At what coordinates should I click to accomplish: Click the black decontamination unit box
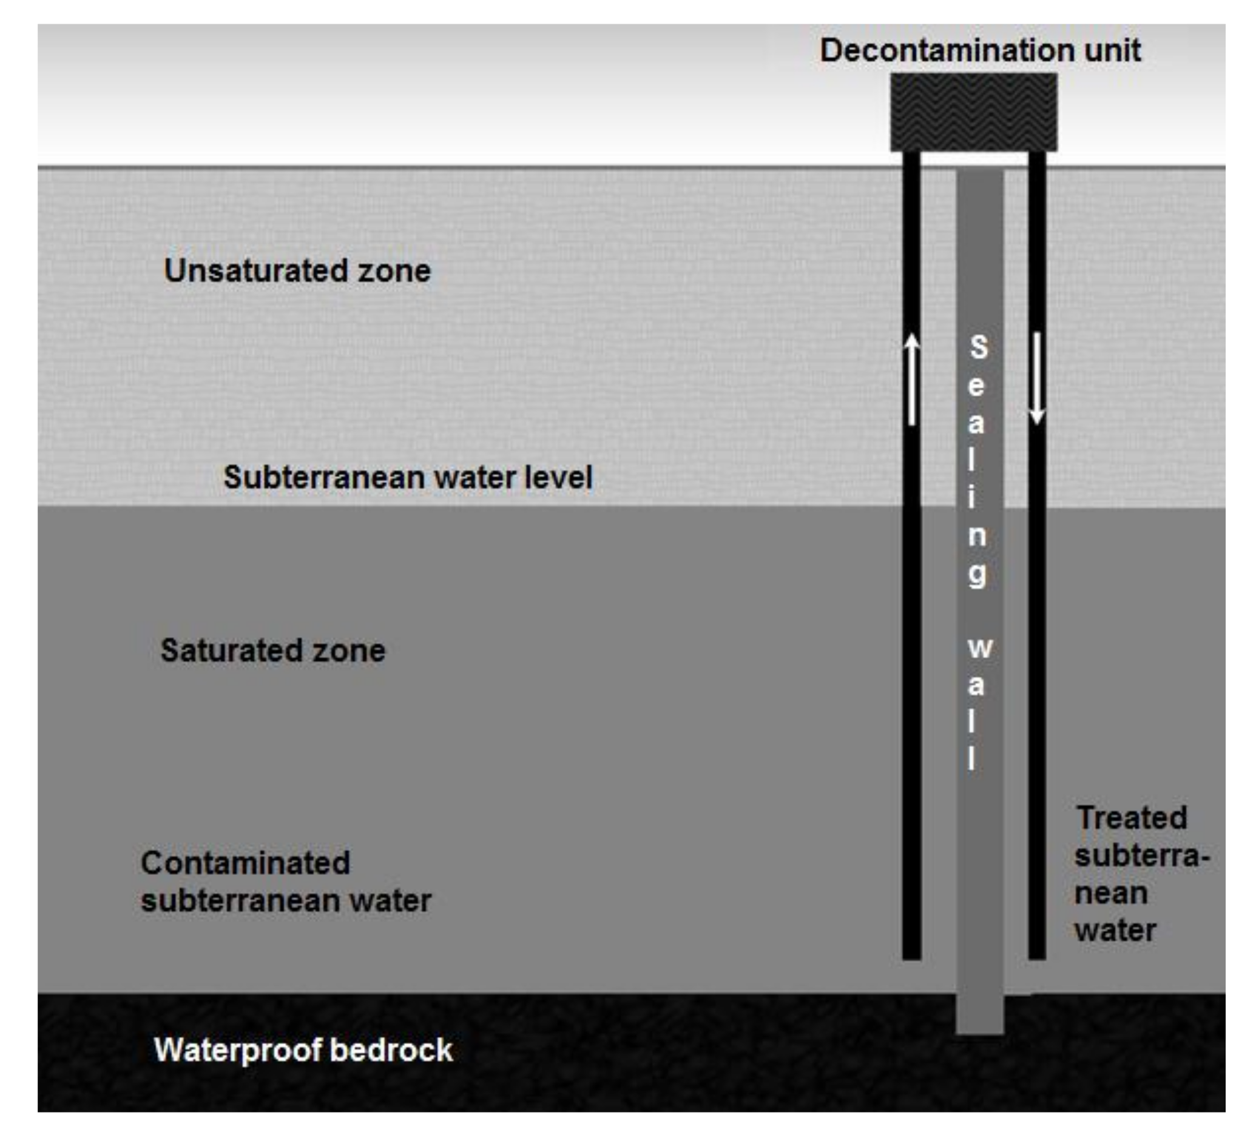pyautogui.click(x=973, y=112)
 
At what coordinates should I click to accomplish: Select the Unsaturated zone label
pyautogui.click(x=297, y=271)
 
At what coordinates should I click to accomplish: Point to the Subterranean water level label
pyautogui.click(x=408, y=478)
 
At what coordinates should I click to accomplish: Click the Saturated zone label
pyautogui.click(x=273, y=651)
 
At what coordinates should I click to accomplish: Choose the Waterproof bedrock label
pyautogui.click(x=303, y=1050)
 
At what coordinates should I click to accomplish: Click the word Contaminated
pyautogui.click(x=246, y=863)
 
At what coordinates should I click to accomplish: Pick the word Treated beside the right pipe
pyautogui.click(x=1132, y=817)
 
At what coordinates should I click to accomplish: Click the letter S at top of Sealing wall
pyautogui.click(x=979, y=347)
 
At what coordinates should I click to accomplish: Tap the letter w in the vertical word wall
pyautogui.click(x=980, y=648)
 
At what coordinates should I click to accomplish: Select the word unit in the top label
pyautogui.click(x=1112, y=50)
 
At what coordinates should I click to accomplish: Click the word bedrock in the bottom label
pyautogui.click(x=392, y=1050)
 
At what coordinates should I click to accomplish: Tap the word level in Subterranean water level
pyautogui.click(x=558, y=478)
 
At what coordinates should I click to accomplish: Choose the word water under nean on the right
pyautogui.click(x=1115, y=931)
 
